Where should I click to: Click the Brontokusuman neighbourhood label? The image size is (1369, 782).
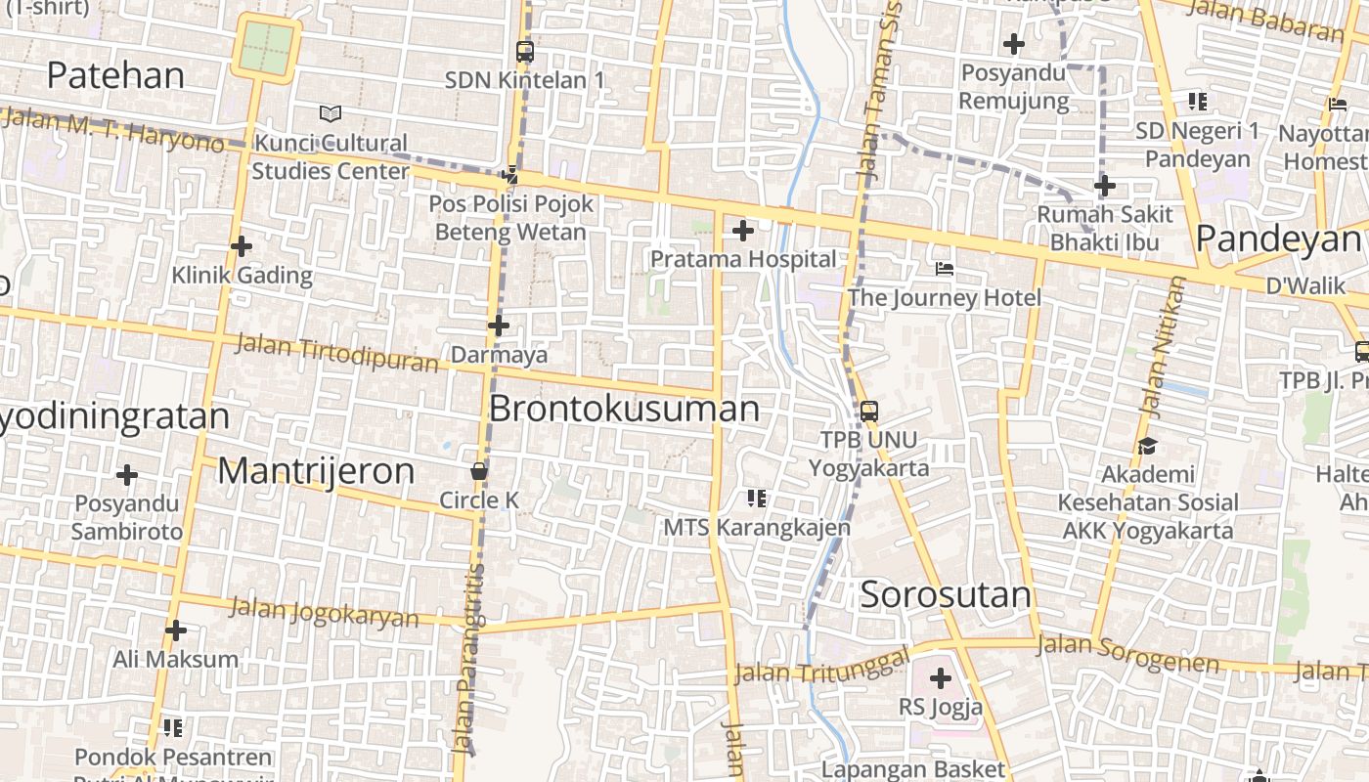click(x=624, y=409)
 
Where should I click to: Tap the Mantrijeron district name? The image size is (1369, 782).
click(x=316, y=471)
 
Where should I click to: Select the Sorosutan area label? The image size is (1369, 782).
click(x=946, y=594)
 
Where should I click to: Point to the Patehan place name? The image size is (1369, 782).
click(x=115, y=75)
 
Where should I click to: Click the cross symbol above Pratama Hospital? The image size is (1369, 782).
click(x=743, y=231)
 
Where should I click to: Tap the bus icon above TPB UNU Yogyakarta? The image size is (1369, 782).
click(x=868, y=412)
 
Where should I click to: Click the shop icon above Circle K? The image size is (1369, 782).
click(x=479, y=471)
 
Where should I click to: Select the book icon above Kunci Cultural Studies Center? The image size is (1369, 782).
click(x=331, y=114)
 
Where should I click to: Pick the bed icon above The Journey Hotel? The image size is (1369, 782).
click(x=945, y=268)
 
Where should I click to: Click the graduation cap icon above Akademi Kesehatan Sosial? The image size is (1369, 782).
click(x=1147, y=446)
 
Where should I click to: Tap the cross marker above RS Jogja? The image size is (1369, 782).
click(x=941, y=677)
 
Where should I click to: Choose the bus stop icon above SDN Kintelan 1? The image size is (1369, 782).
click(x=525, y=52)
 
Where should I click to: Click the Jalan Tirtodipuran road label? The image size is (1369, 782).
click(x=337, y=354)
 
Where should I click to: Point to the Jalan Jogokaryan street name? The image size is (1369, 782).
click(x=324, y=612)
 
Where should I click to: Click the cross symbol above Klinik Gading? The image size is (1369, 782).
click(x=242, y=246)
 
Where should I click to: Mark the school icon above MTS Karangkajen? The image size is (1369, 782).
click(x=756, y=499)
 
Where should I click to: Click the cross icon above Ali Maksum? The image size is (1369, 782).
click(x=176, y=630)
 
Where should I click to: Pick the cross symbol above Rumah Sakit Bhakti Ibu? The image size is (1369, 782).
click(x=1105, y=186)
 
